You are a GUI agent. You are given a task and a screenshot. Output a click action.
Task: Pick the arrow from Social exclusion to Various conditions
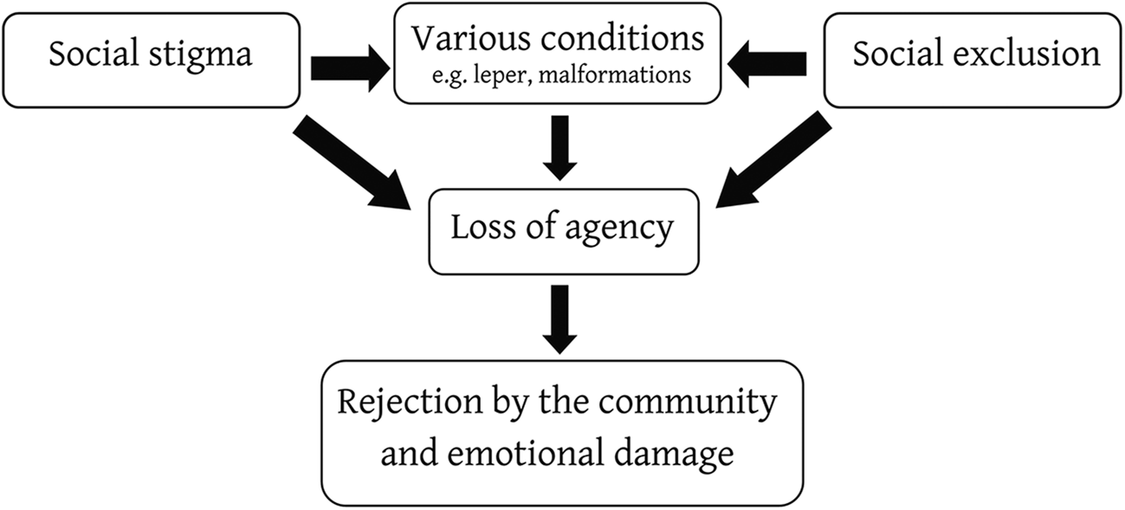tap(769, 62)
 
